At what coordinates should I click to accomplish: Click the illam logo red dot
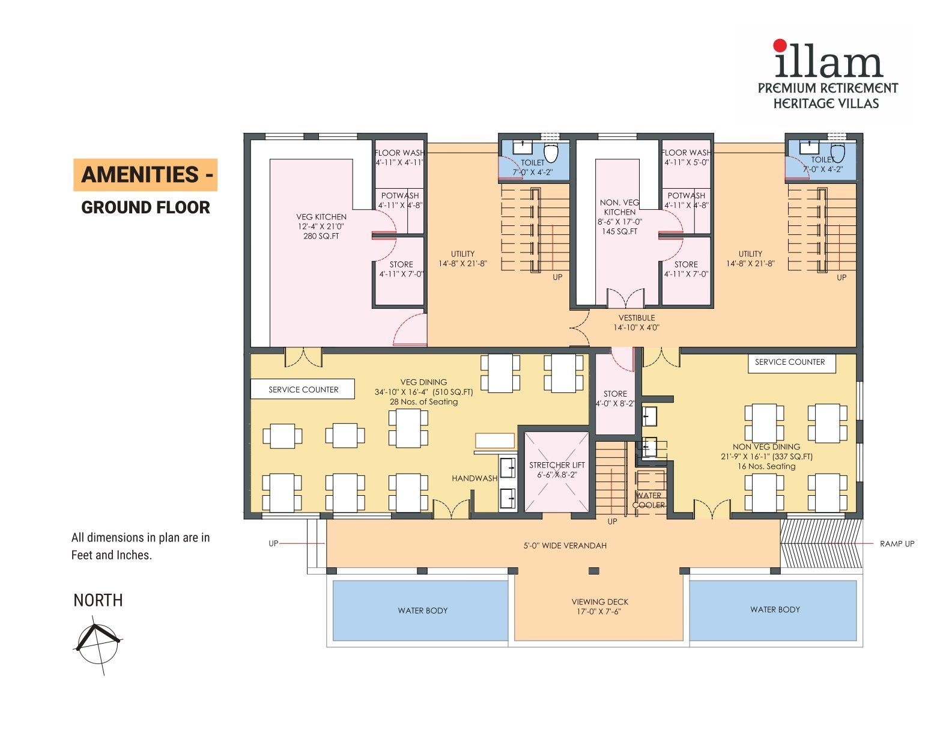click(x=780, y=45)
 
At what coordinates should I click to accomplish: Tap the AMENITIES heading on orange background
click(x=145, y=175)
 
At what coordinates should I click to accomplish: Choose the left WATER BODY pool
click(x=422, y=611)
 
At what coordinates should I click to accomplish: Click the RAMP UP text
click(x=896, y=544)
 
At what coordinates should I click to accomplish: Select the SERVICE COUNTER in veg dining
click(x=303, y=389)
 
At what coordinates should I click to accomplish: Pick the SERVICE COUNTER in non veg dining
click(x=790, y=362)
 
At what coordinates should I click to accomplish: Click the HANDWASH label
click(x=475, y=478)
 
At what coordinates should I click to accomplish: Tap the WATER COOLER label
click(x=649, y=500)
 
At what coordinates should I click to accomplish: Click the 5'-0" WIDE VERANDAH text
click(x=565, y=546)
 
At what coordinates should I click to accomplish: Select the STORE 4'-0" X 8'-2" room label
click(x=615, y=398)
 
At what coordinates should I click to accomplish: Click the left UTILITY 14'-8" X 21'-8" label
click(x=462, y=258)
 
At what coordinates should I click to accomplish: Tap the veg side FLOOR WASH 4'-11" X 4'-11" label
click(x=399, y=157)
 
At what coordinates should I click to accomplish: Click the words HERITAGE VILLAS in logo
click(x=825, y=103)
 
